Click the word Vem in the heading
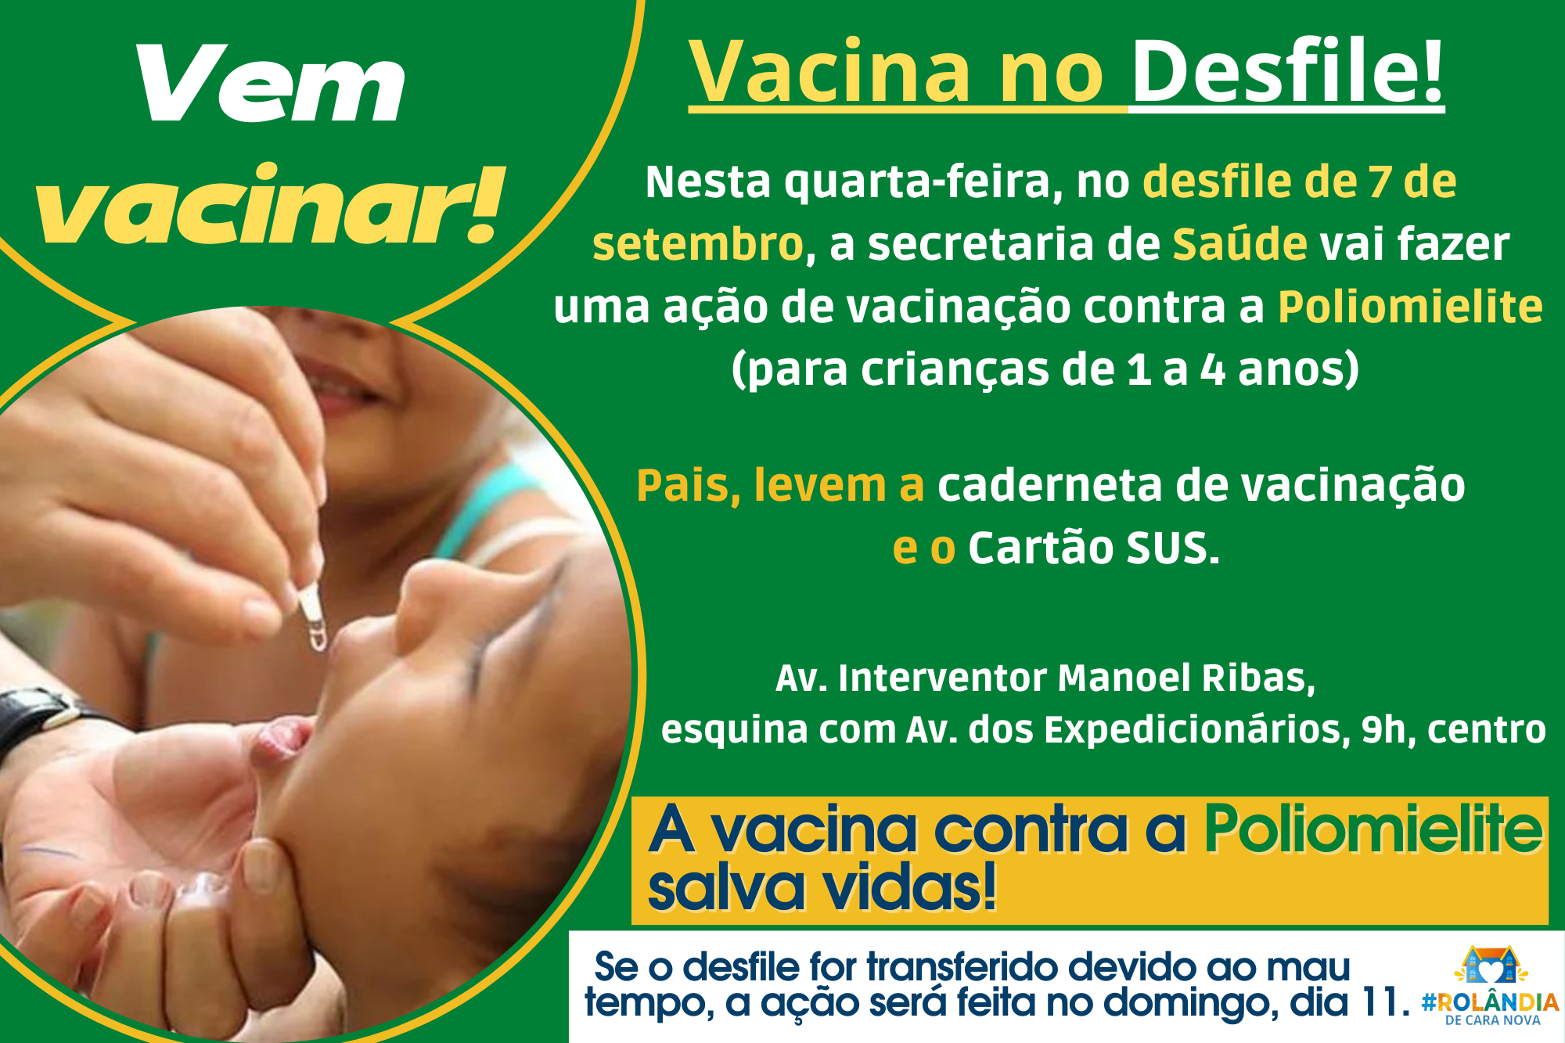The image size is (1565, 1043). click(x=271, y=83)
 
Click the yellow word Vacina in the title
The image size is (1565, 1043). click(x=829, y=72)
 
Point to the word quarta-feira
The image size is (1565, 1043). click(x=923, y=182)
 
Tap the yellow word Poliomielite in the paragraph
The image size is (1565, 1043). click(x=1410, y=306)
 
